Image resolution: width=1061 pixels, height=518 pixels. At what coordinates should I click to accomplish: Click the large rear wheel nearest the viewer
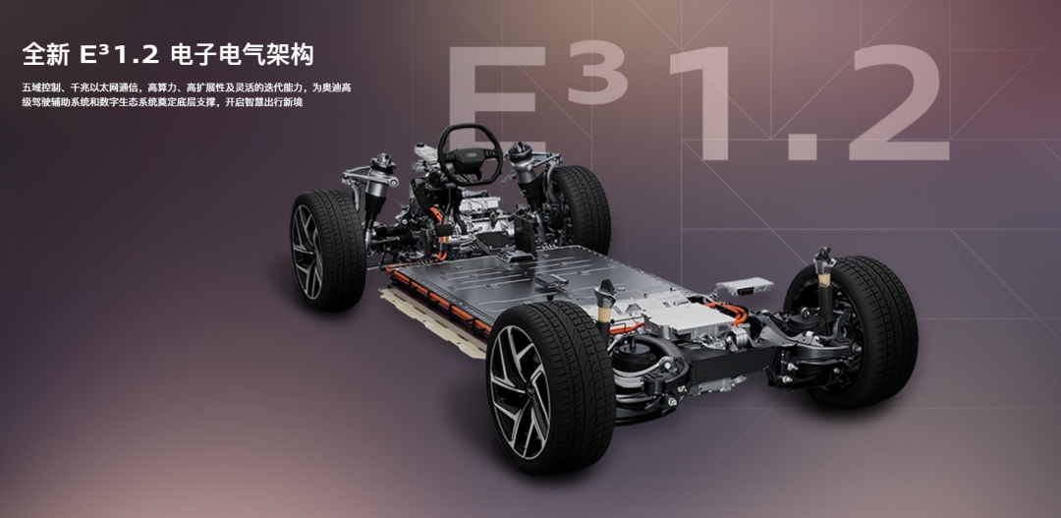pos(549,386)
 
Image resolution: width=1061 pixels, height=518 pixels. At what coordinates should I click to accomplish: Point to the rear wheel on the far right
pos(854,331)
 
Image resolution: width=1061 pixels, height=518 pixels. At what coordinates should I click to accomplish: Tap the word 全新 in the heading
pos(45,55)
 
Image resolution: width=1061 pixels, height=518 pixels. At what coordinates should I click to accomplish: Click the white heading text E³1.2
pos(119,55)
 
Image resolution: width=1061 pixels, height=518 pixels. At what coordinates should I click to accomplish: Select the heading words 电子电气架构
pos(243,55)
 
